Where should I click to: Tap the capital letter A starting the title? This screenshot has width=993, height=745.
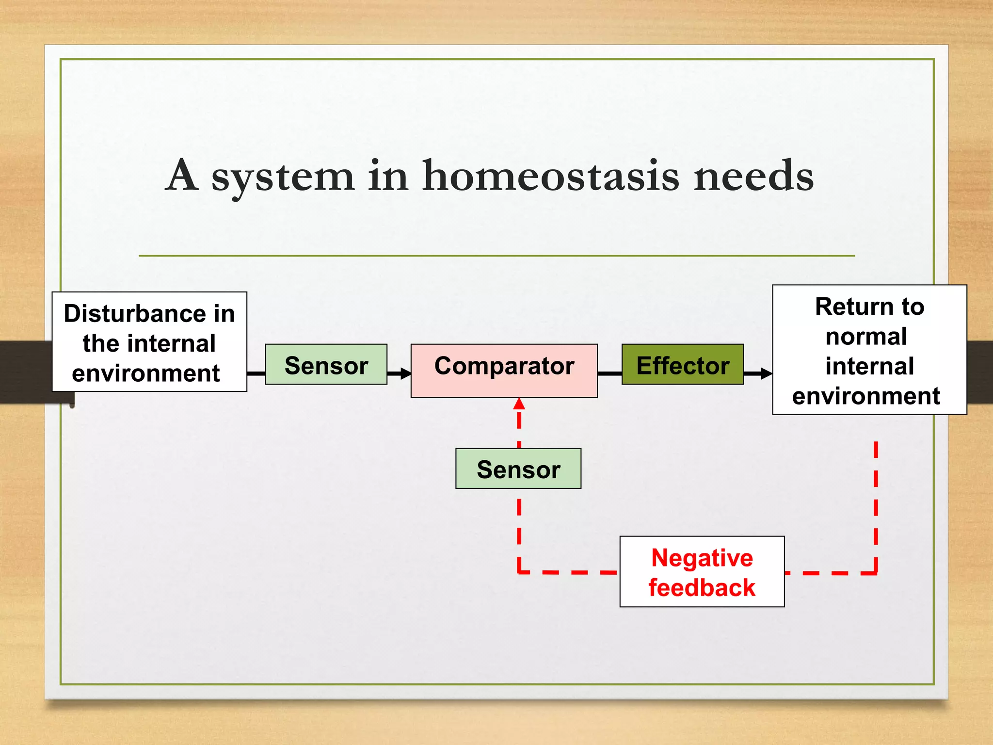182,176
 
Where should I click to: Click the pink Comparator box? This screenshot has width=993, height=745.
504,371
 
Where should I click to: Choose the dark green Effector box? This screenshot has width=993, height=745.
682,365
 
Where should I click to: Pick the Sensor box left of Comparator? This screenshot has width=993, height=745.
326,365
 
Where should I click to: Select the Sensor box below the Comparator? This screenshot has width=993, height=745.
518,469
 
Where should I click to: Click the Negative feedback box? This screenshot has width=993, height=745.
702,571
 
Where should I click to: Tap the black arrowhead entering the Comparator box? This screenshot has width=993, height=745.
406,373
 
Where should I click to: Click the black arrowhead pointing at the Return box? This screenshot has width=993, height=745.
766,373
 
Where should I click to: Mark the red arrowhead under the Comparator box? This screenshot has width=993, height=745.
519,404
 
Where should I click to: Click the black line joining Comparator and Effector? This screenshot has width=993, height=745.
609,373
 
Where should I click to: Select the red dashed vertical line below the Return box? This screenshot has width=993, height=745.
876,504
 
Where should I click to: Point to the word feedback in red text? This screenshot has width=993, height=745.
702,588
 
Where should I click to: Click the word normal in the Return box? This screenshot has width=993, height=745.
866,337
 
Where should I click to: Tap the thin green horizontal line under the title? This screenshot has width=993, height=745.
496,256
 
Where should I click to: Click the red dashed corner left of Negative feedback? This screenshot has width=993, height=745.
520,572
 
